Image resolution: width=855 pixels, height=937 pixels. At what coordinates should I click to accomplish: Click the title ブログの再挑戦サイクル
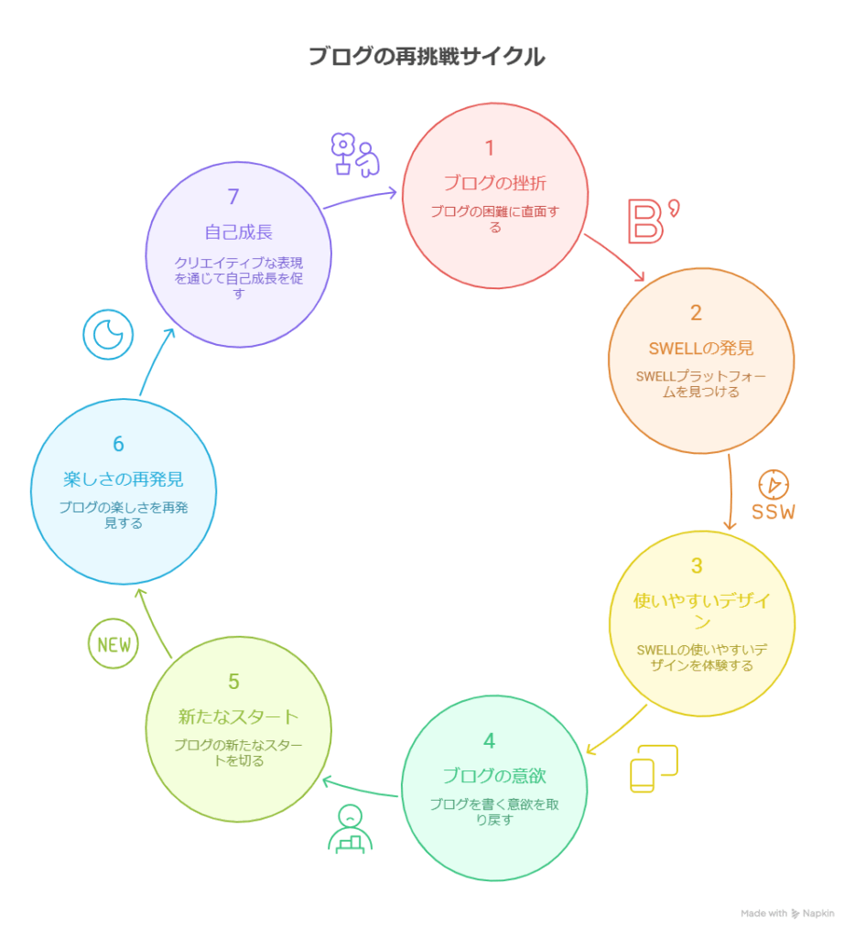426,57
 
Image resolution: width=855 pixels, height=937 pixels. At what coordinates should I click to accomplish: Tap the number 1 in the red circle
490,148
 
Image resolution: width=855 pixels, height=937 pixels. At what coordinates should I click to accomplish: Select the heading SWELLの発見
696,348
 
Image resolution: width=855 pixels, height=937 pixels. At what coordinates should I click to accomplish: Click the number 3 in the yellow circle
697,565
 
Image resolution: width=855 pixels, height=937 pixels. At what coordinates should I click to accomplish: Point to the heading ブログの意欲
494,776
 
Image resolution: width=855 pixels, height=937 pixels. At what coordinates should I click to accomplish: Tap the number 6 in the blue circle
118,444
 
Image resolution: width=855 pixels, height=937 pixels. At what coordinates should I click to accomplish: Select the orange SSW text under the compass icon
774,512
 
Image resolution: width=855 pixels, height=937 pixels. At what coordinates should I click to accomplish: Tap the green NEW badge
113,644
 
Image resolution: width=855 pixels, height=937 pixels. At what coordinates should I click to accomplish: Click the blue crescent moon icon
108,335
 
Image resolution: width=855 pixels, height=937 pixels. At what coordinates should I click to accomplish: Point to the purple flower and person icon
354,156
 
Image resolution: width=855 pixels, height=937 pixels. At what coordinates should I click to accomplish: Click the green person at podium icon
349,829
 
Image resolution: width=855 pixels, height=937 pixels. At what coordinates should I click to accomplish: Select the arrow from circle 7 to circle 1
362,198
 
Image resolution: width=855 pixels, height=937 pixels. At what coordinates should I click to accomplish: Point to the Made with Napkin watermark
787,913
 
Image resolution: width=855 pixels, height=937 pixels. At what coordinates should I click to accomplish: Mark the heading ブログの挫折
494,183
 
